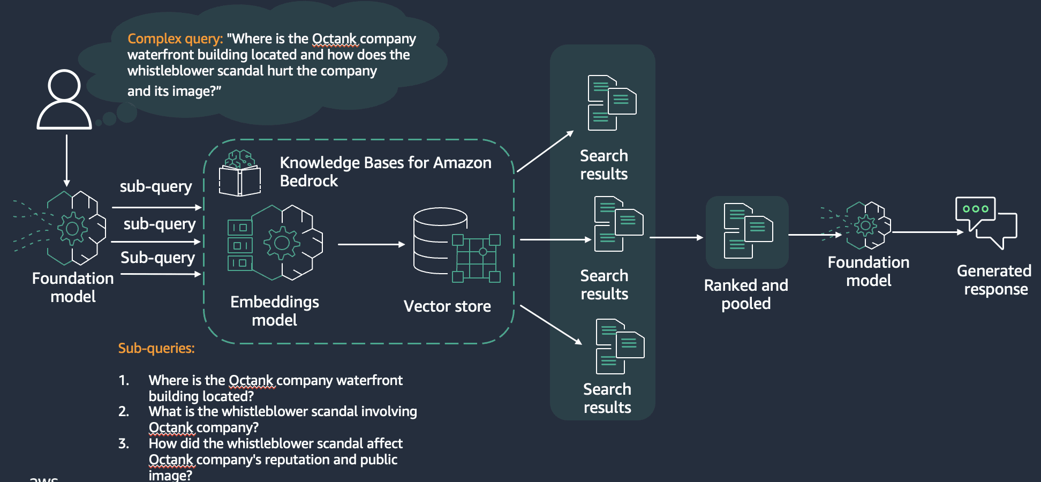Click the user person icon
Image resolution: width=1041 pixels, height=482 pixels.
coord(64,100)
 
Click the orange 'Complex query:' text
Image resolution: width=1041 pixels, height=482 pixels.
coord(175,39)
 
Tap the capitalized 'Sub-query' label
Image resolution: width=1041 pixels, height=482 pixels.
coord(157,258)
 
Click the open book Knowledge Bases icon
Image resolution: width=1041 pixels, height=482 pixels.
coord(239,174)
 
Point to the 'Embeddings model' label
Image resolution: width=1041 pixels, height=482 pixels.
coord(274,311)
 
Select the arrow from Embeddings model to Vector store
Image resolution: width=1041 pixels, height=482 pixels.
coord(371,244)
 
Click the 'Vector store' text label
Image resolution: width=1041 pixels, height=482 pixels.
coord(447,306)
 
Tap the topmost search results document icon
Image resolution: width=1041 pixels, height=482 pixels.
coord(612,102)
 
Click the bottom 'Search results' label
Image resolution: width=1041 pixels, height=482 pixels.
coord(607,398)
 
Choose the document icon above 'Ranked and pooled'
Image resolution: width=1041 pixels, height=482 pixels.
coord(748,231)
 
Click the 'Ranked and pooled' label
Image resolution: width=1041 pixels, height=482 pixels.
coord(746,294)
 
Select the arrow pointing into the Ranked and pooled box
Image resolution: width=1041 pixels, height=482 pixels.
coord(676,237)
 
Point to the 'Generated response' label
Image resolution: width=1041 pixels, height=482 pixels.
coord(994,280)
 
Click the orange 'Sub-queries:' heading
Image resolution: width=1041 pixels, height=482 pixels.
coord(156,348)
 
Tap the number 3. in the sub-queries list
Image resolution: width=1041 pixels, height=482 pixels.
coord(124,443)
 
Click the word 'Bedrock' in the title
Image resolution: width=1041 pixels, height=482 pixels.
coord(309,181)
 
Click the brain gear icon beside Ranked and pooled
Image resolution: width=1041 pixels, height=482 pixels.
coord(866,225)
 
